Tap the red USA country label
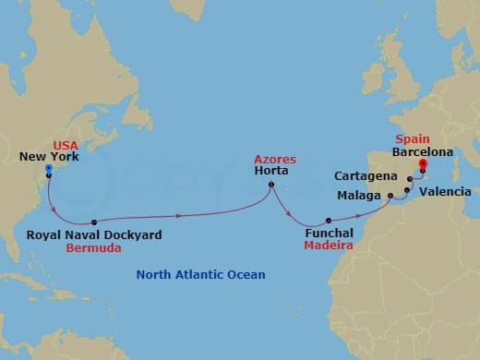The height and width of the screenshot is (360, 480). tap(66, 145)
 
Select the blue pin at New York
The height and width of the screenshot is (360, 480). tap(48, 169)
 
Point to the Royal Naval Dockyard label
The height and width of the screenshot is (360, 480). tap(94, 235)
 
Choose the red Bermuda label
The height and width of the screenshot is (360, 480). tap(94, 249)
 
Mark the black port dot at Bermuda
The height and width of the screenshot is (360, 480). tap(95, 222)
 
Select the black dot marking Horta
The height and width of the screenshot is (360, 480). tap(270, 185)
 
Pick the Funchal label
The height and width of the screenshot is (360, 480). tap(328, 234)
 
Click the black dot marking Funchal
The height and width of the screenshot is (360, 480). tap(329, 221)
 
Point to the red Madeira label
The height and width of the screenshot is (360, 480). tap(328, 247)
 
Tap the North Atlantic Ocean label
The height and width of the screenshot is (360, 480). tap(200, 274)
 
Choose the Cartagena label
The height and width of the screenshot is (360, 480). tap(367, 175)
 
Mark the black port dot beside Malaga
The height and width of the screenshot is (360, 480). tap(390, 196)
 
